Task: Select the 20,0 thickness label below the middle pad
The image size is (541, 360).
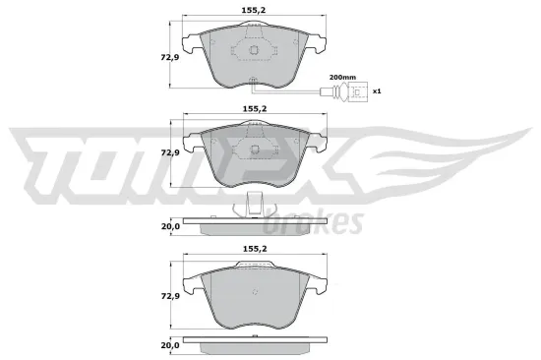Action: pyautogui.click(x=170, y=227)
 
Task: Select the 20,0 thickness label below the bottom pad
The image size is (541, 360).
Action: pyautogui.click(x=170, y=345)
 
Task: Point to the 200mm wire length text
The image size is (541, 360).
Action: pyautogui.click(x=342, y=77)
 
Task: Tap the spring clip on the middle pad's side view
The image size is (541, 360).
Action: pyautogui.click(x=255, y=205)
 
